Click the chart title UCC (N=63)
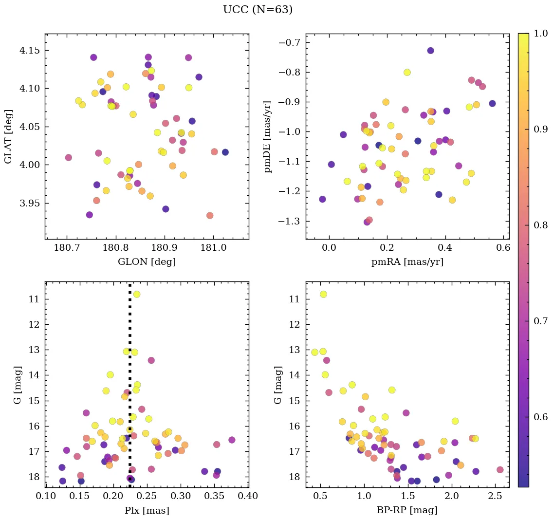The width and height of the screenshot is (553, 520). (x=258, y=10)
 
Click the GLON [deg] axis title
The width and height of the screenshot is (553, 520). (x=147, y=262)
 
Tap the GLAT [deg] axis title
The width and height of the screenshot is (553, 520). (x=8, y=136)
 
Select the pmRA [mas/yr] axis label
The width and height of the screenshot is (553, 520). (x=407, y=262)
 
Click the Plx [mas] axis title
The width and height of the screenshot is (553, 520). (x=147, y=510)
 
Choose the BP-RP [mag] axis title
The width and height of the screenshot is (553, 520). (x=407, y=510)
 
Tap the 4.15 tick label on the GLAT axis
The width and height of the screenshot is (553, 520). (x=30, y=51)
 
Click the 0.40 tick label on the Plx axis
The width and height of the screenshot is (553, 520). (x=248, y=496)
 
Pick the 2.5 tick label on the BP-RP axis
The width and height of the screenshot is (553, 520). (x=495, y=496)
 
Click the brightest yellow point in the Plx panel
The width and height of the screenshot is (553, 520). (x=137, y=294)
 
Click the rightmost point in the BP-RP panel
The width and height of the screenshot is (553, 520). (x=500, y=470)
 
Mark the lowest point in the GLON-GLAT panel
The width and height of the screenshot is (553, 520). (x=210, y=216)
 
